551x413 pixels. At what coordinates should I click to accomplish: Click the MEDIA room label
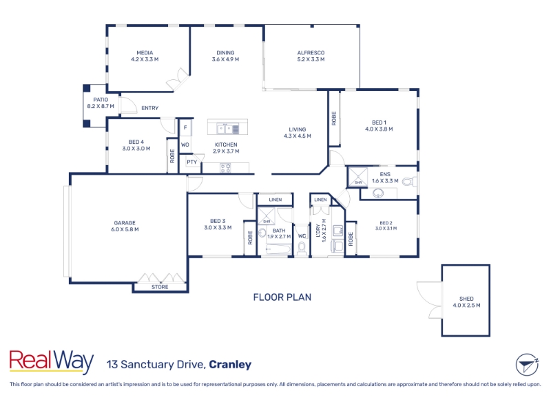click(x=145, y=53)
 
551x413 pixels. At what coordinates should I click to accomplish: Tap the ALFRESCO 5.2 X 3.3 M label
click(x=311, y=56)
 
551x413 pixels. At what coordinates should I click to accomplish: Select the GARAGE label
click(x=125, y=222)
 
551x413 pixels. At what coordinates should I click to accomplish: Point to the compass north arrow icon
click(x=527, y=365)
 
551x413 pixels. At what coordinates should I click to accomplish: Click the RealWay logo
click(x=51, y=361)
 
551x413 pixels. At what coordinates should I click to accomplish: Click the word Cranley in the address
click(x=230, y=365)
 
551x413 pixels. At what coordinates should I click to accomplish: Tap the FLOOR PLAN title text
click(x=282, y=297)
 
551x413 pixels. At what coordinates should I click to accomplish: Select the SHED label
click(x=466, y=299)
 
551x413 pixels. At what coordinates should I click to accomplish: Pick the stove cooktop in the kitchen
click(x=226, y=168)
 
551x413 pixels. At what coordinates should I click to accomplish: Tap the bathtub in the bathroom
click(x=279, y=250)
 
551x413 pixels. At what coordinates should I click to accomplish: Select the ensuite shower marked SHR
click(x=357, y=177)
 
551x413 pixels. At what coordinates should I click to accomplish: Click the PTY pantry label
click(x=192, y=162)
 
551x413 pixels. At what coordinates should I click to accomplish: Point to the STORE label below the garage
click(x=160, y=287)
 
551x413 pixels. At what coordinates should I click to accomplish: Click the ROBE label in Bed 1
click(x=334, y=118)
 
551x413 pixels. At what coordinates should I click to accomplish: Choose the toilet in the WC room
click(x=302, y=248)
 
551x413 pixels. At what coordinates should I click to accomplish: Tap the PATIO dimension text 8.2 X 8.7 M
click(x=101, y=106)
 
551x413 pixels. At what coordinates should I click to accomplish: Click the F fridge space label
click(x=185, y=127)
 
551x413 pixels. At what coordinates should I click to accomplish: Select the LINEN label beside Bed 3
click(x=275, y=200)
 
